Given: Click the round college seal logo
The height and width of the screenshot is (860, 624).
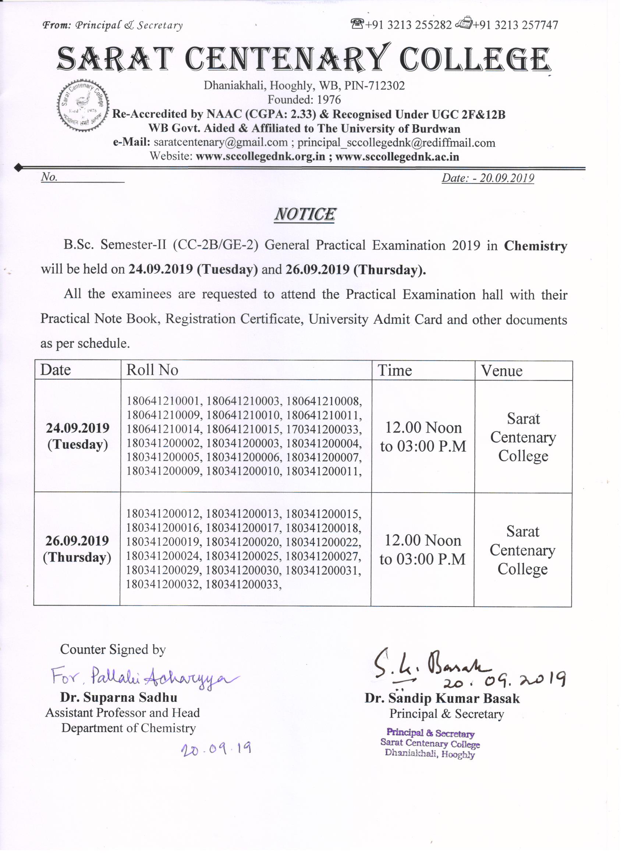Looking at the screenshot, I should click(x=83, y=105).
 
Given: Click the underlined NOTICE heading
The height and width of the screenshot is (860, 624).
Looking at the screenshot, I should click(x=305, y=214).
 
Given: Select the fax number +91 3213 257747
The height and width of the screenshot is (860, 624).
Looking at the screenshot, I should click(x=515, y=25).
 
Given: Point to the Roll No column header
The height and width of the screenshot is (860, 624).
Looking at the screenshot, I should click(x=152, y=370).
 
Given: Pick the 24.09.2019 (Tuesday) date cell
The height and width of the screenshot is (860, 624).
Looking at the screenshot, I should click(x=78, y=436).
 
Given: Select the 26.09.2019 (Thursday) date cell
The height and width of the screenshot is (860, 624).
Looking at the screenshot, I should click(x=77, y=549).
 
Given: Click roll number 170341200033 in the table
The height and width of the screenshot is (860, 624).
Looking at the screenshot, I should click(x=323, y=429).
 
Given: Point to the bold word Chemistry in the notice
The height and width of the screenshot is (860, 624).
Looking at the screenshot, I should click(x=535, y=246).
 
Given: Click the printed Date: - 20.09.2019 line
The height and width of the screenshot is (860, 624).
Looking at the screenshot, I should click(x=487, y=178).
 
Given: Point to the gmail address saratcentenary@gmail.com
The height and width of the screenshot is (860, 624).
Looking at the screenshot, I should click(x=220, y=143).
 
